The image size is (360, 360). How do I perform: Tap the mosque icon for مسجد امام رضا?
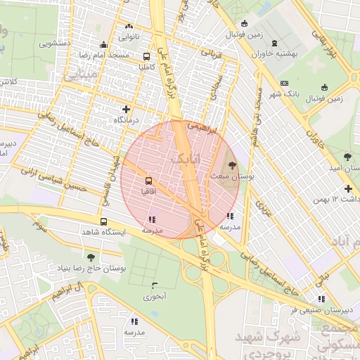(x=104, y=44)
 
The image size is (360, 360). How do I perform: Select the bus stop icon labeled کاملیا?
(x=146, y=56)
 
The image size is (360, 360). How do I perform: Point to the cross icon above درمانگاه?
(x=126, y=109)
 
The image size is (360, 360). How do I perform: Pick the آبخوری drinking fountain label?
(x=154, y=296)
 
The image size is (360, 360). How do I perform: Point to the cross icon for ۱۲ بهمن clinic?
(x=349, y=188)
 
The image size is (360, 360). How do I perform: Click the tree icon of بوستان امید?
(x=348, y=156)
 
